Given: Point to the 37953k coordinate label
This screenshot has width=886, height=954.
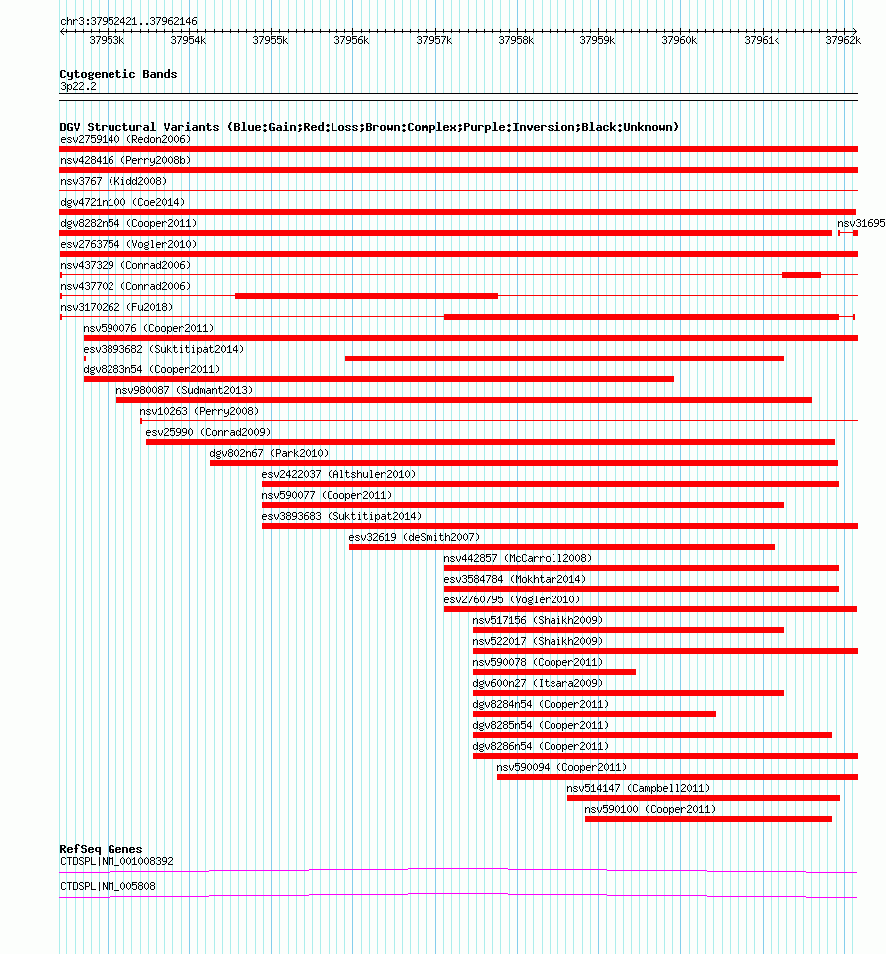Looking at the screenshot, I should tap(107, 40).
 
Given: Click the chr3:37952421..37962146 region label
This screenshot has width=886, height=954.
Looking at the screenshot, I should tap(128, 21).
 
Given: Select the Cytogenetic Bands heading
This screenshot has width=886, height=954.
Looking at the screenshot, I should tap(117, 74).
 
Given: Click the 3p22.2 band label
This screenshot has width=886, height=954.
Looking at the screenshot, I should tap(78, 87).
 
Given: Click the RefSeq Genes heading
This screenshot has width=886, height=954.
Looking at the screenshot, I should tap(101, 849).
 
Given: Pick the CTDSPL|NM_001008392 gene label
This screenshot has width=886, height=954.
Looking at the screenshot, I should tap(116, 861).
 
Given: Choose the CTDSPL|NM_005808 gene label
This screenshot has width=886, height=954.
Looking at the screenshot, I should tap(107, 886).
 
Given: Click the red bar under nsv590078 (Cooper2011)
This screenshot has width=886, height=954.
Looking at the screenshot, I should tap(554, 672).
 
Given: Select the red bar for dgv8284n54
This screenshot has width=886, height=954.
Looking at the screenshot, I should tap(593, 714).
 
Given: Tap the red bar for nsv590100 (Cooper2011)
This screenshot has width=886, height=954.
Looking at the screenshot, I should tap(708, 819).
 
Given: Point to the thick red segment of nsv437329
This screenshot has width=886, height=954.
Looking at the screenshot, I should tap(801, 274).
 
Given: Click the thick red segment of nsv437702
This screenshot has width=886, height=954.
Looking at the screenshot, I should tap(365, 296).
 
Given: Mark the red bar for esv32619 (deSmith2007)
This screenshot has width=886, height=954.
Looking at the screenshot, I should tap(561, 546).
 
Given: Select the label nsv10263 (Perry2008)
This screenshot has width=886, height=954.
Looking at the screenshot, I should tap(198, 411).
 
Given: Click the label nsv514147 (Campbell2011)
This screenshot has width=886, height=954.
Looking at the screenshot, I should tap(638, 788).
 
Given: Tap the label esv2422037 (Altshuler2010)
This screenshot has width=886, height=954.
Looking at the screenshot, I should tap(338, 474).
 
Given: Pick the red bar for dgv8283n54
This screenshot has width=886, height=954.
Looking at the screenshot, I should tap(378, 379).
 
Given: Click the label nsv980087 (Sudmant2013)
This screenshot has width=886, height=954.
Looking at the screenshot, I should tap(184, 390).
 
